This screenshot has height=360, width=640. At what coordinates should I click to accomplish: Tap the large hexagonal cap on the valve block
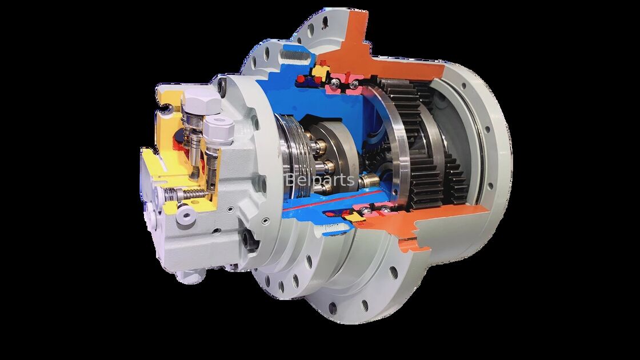point(199,103)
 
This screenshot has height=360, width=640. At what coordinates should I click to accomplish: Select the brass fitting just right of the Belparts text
point(367,182)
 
